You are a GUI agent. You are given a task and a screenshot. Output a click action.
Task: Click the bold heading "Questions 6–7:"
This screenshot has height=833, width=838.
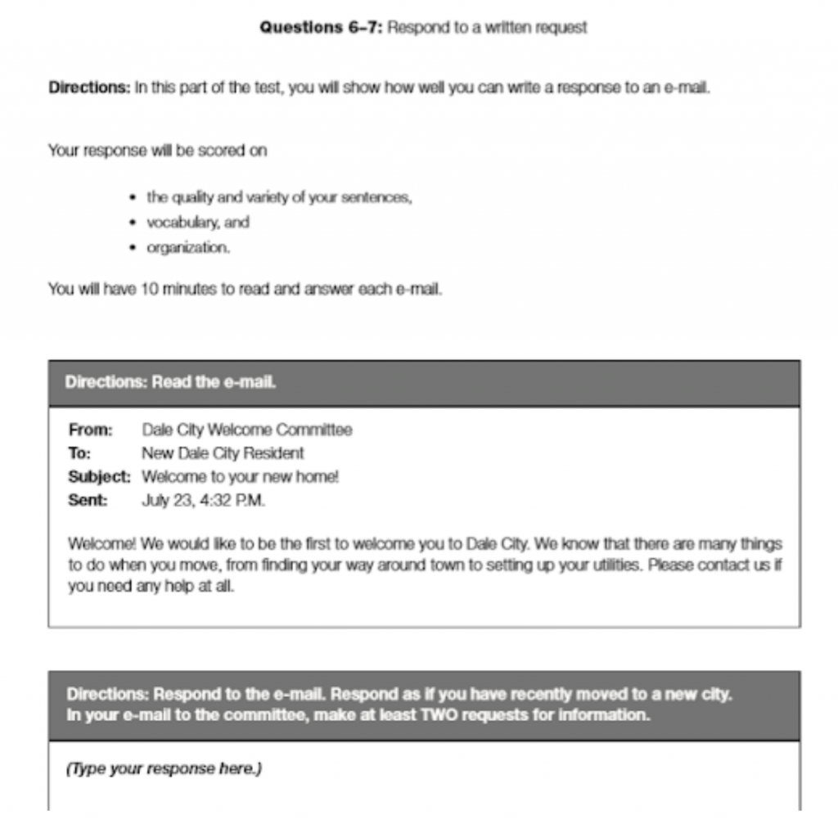coord(321,28)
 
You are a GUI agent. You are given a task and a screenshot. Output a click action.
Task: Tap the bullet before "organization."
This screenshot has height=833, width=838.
coord(133,248)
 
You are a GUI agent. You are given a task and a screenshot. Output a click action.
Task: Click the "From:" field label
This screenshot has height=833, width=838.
coord(90,430)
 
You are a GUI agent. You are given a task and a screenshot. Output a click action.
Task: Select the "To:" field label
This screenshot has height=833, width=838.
coord(79,453)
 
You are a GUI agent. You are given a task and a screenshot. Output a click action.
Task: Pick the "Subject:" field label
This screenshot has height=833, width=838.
coord(99,477)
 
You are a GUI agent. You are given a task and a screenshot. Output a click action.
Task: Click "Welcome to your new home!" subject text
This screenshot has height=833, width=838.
coord(240,477)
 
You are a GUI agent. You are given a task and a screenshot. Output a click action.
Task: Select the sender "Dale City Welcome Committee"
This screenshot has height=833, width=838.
coord(246,430)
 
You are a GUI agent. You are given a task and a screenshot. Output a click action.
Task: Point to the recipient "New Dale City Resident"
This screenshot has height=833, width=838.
coord(223,453)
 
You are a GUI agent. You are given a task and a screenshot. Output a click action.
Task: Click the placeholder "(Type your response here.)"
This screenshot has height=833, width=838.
coord(164,769)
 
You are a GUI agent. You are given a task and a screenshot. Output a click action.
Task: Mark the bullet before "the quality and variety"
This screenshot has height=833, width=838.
coord(133,198)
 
